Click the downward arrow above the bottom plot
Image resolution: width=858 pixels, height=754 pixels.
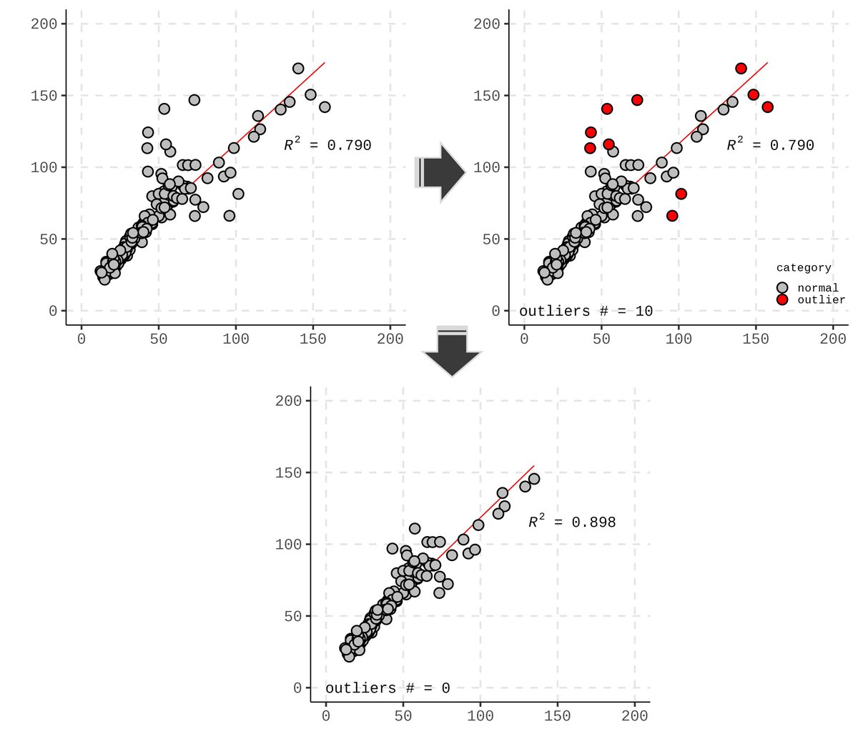coord(452,350)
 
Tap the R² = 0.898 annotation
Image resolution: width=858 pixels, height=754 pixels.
coord(572,521)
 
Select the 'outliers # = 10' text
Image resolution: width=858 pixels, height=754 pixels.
coord(586,311)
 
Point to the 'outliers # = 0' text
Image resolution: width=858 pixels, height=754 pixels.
coord(388,688)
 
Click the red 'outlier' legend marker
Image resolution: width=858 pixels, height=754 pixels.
coord(782,299)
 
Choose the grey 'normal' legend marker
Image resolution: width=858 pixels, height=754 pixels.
coord(782,287)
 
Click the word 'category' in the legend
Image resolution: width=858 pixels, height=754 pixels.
coord(804,267)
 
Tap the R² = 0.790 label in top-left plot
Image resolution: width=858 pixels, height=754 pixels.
coord(327,144)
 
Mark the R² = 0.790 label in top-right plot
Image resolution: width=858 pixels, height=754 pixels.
coord(770,144)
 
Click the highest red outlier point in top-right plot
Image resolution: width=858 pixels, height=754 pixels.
coord(741,69)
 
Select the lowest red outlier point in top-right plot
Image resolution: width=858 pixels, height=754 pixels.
coord(672,216)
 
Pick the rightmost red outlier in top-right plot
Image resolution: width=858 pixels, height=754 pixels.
coord(767,107)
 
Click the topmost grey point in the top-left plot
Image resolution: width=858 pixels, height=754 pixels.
coord(298,69)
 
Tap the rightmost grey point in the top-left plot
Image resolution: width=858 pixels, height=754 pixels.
coord(325,107)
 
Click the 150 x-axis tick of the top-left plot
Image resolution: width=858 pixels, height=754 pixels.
coord(313,339)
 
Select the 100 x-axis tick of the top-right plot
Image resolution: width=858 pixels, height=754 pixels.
coord(679,339)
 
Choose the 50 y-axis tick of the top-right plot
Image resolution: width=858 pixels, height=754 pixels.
coord(490,239)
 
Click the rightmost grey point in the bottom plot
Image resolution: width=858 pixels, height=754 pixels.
coord(533,479)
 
